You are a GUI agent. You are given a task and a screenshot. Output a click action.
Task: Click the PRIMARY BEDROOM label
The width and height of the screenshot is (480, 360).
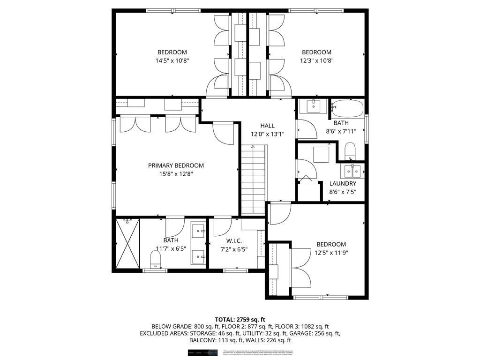pos(176,165)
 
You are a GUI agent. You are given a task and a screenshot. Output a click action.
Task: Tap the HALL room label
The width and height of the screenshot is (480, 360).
pos(268,126)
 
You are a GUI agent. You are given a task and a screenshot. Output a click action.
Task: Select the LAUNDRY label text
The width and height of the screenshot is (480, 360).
pos(343,184)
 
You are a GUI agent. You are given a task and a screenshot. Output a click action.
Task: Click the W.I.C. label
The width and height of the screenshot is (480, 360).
pos(234,241)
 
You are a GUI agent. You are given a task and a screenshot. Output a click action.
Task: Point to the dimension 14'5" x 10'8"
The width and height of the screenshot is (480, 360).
pos(172,60)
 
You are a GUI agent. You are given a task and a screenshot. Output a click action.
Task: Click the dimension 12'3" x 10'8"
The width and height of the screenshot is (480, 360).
pos(316,60)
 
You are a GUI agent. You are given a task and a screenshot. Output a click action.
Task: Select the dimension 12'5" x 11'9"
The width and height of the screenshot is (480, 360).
pos(331,253)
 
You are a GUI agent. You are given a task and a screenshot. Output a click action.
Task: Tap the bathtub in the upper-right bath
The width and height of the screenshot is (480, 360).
pos(347,109)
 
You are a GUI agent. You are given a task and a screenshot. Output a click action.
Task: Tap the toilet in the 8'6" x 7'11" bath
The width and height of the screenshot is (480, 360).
pos(350,151)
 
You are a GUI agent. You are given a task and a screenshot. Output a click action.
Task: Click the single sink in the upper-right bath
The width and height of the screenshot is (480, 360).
pos(314,106)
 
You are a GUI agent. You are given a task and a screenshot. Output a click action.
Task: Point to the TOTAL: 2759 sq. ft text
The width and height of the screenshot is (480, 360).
pos(240,319)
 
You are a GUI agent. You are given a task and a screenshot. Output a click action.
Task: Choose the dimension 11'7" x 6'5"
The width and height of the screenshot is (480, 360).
pos(171,249)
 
